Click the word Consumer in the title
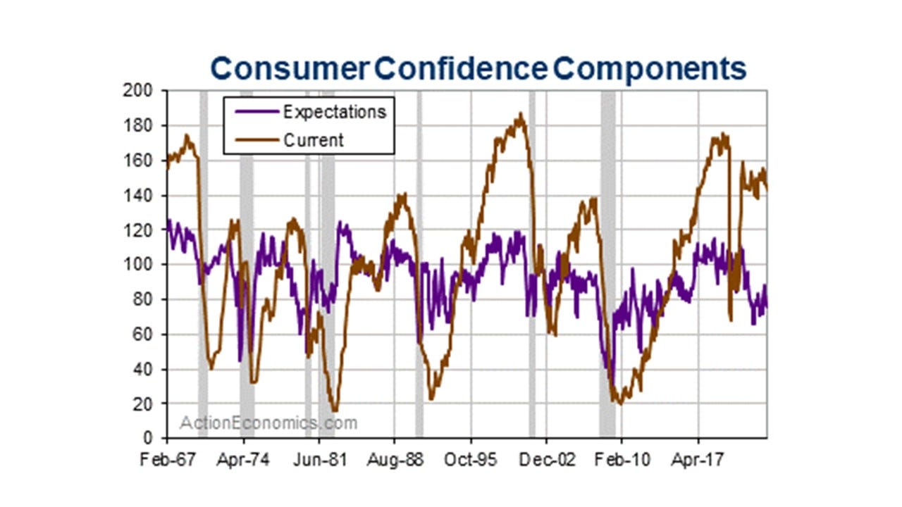[290, 69]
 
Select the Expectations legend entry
[334, 112]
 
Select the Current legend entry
[313, 140]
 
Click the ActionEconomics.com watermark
[268, 423]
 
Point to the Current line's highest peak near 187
[521, 113]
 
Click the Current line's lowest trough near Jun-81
[335, 410]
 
